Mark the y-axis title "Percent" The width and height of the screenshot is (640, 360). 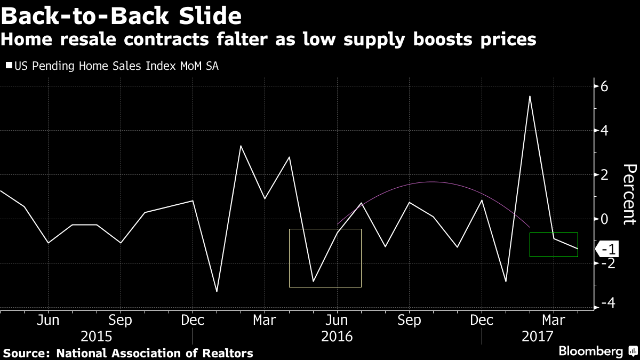pyautogui.click(x=629, y=195)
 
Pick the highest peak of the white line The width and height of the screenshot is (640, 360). pyautogui.click(x=530, y=97)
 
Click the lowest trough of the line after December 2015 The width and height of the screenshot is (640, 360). pyautogui.click(x=217, y=291)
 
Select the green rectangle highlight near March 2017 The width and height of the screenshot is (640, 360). pyautogui.click(x=554, y=245)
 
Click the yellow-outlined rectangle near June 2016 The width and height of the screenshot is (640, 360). pyautogui.click(x=325, y=258)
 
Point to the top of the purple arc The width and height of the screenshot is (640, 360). pyautogui.click(x=431, y=182)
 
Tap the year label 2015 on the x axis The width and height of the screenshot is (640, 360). pyautogui.click(x=96, y=337)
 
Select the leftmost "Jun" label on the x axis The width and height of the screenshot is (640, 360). pyautogui.click(x=48, y=320)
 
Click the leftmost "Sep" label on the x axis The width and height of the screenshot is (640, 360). pyautogui.click(x=121, y=320)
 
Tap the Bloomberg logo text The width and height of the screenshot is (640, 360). pyautogui.click(x=590, y=351)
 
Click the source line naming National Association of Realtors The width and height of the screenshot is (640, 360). pyautogui.click(x=129, y=353)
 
